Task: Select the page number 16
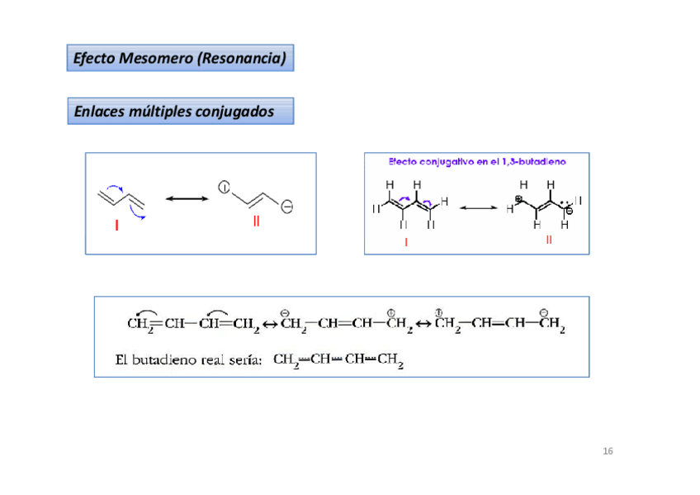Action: tap(608, 451)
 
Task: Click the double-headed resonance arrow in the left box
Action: tap(187, 198)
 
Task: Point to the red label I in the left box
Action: tap(117, 225)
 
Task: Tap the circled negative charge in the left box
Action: tap(286, 207)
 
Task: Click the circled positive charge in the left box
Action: tap(224, 188)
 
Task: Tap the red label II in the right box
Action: tap(548, 240)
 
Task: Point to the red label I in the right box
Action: tap(406, 242)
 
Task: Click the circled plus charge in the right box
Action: tap(519, 199)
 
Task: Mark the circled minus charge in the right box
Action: tap(569, 210)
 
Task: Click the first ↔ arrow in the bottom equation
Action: tap(270, 324)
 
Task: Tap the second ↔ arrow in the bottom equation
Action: tap(422, 324)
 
